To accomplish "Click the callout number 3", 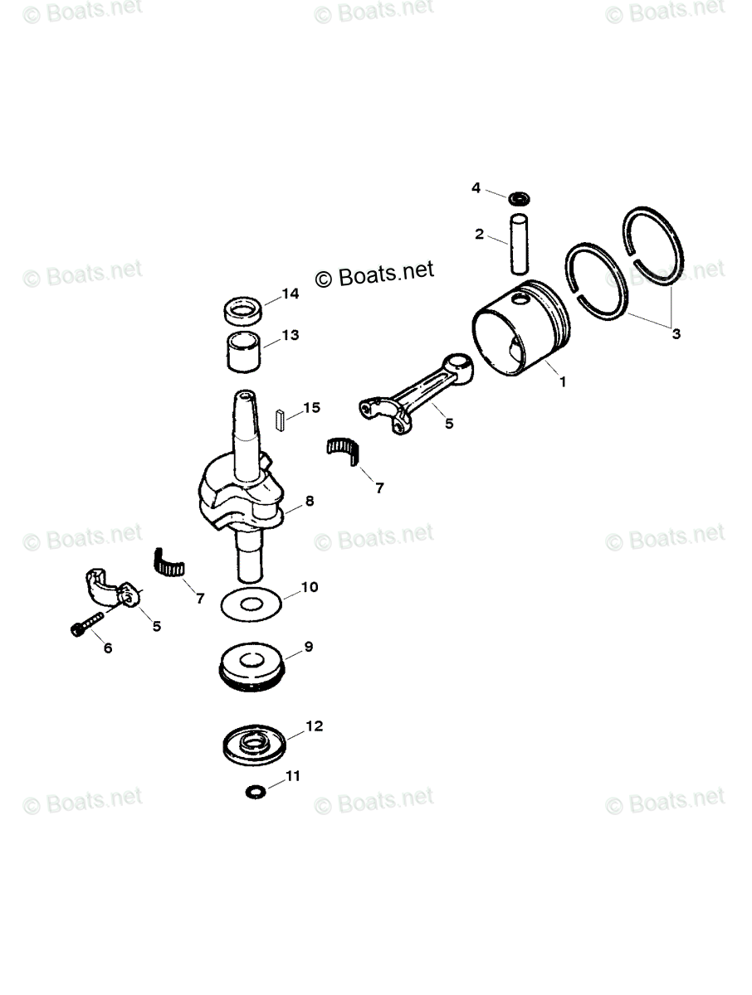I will (x=676, y=334).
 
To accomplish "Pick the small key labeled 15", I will (x=281, y=417).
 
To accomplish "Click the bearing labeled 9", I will (x=252, y=663).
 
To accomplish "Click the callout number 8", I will (x=309, y=501).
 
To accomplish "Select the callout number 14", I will (x=289, y=294).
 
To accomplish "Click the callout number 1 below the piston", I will (x=562, y=383).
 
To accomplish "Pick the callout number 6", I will (x=106, y=648).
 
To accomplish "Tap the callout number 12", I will (x=313, y=726).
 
